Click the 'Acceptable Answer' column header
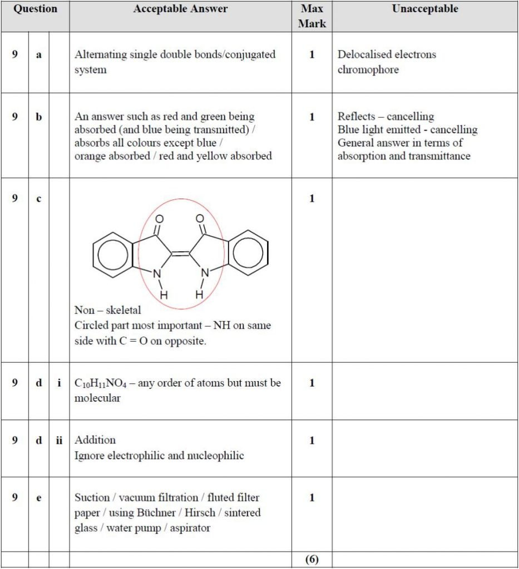[180, 9]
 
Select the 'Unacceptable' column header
[424, 9]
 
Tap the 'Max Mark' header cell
[312, 16]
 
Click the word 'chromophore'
[368, 70]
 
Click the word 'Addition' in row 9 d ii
[95, 440]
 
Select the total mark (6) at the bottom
[312, 560]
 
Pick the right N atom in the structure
[205, 273]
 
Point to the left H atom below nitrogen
[164, 295]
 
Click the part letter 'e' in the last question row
[39, 498]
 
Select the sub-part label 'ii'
[59, 441]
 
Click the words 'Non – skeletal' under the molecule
[107, 310]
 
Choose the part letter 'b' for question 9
[39, 117]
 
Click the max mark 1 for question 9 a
[312, 55]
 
